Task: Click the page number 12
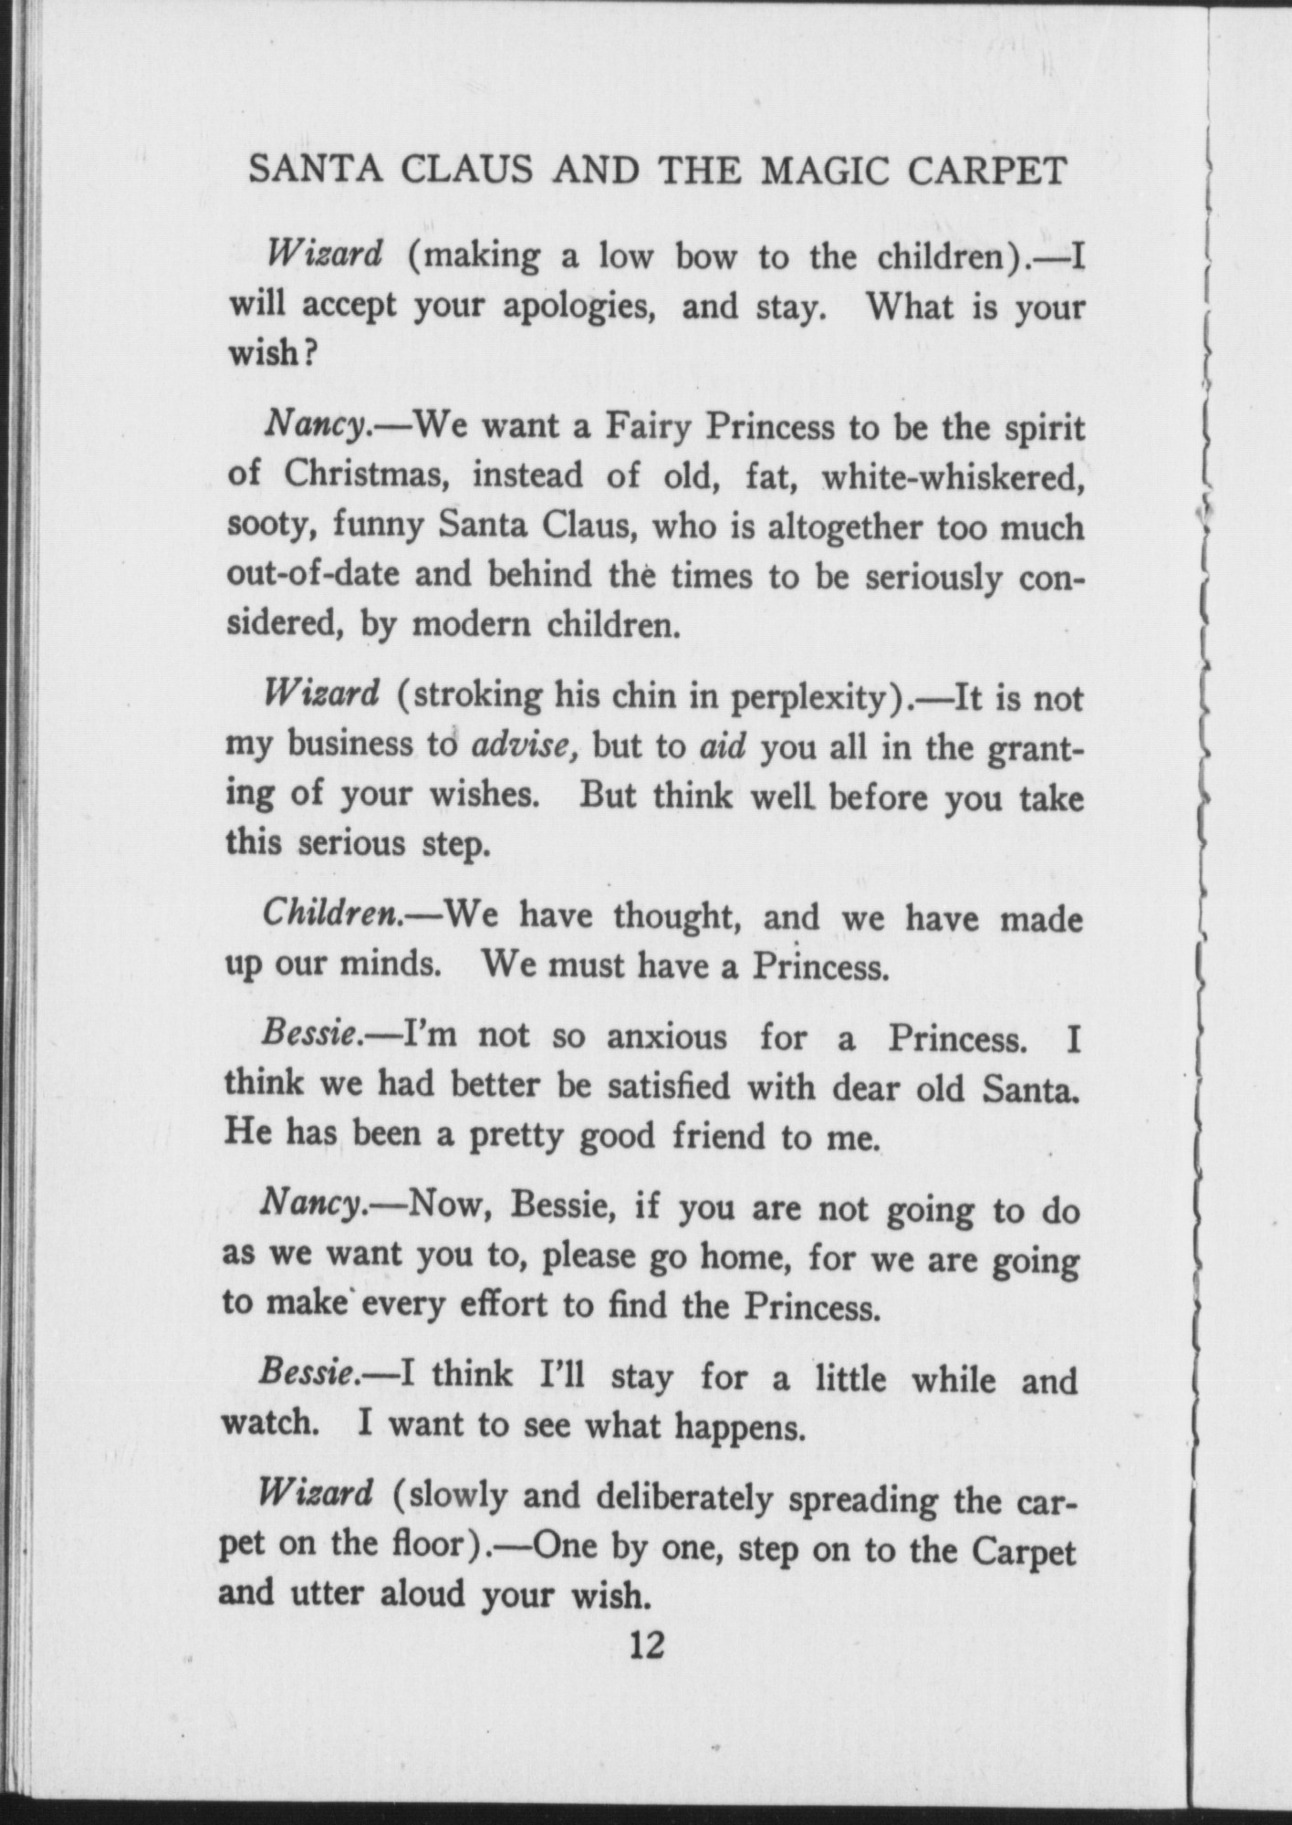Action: point(645,1645)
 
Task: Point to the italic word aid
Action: point(723,746)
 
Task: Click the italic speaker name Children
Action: point(333,913)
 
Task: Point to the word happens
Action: point(739,1426)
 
